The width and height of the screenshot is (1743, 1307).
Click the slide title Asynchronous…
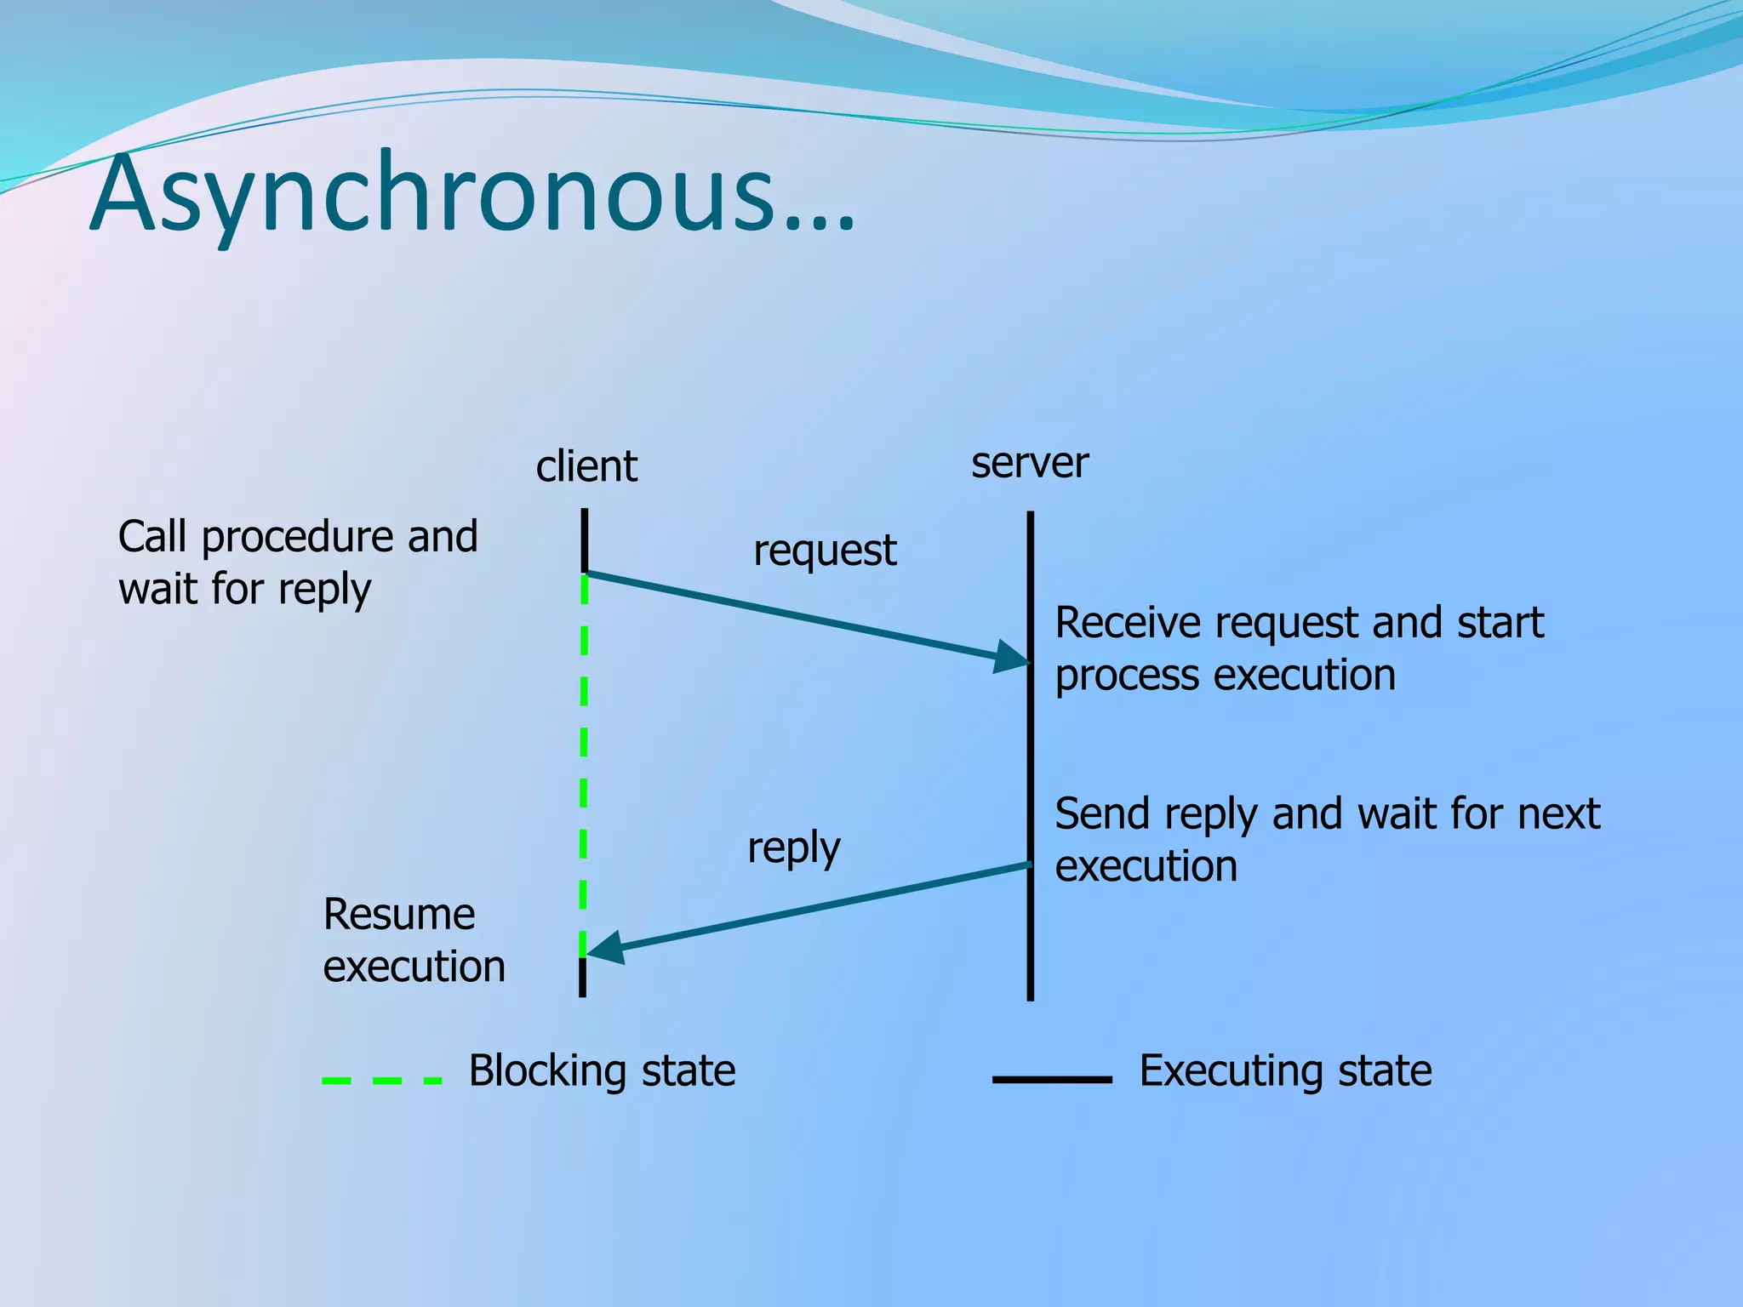pos(472,194)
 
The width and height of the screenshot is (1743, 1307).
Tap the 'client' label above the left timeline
pos(586,466)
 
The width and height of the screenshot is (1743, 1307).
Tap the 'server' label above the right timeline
pos(1030,463)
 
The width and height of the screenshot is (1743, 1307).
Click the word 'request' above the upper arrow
pos(825,551)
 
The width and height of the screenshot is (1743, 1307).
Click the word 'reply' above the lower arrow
pos(793,848)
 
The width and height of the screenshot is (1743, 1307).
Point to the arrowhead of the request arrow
pos(1014,658)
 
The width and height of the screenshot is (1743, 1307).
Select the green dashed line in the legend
pos(382,1080)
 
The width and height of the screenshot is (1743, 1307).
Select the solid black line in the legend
pos(1052,1079)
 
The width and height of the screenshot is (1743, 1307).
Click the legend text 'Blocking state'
pos(602,1070)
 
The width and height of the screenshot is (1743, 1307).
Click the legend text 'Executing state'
pos(1285,1070)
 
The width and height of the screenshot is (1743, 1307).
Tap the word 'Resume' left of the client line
pos(398,915)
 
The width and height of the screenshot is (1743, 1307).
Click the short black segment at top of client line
pos(585,539)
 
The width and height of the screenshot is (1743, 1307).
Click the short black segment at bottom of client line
pos(583,978)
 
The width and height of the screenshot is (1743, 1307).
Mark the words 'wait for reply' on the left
pos(245,590)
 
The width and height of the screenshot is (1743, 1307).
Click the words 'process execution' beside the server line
pos(1225,676)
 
